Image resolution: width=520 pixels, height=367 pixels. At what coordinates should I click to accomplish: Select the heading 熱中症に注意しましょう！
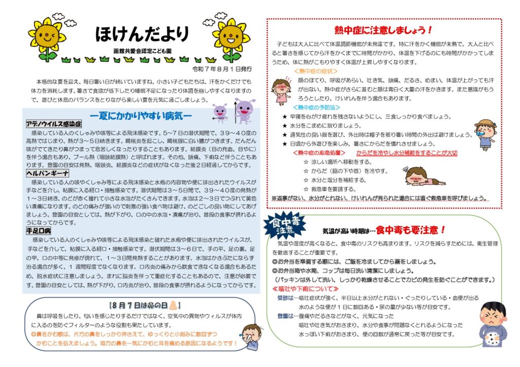[x=383, y=30]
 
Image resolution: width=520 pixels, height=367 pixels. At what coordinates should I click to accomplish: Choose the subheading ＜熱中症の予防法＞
[x=316, y=108]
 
